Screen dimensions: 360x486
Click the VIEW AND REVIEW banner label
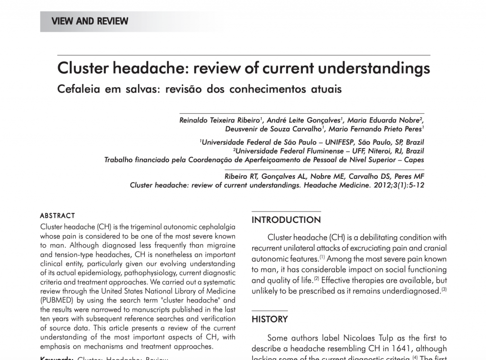pyautogui.click(x=90, y=21)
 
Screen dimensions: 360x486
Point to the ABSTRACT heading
pyautogui.click(x=57, y=215)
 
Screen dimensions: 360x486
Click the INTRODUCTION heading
pyautogui.click(x=286, y=220)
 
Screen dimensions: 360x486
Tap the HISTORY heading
pyautogui.click(x=270, y=319)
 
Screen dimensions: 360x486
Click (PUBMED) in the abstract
pyautogui.click(x=56, y=300)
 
